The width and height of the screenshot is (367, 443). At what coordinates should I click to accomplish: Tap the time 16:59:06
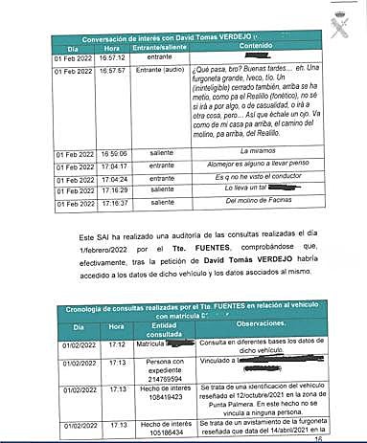[112, 152]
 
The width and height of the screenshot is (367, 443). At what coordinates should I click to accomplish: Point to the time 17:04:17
[112, 166]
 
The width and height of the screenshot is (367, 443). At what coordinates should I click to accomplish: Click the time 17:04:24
[112, 178]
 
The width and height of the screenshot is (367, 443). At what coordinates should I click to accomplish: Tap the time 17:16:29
[112, 190]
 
